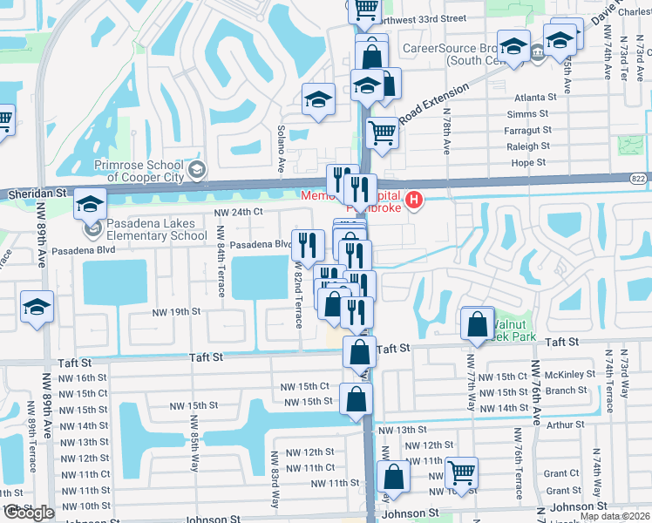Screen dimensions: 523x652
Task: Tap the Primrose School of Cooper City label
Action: [x=139, y=166]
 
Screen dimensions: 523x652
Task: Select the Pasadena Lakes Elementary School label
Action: [x=157, y=229]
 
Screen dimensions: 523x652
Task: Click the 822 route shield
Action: [x=639, y=177]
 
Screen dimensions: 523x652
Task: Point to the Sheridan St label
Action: [x=34, y=191]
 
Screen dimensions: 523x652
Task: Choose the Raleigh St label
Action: [x=528, y=146]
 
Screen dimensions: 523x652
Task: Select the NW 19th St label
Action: [x=176, y=311]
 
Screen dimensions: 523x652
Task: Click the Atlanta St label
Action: [x=535, y=98]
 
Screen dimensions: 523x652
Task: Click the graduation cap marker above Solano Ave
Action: [x=318, y=99]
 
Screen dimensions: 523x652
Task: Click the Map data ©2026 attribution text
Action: [x=615, y=516]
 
